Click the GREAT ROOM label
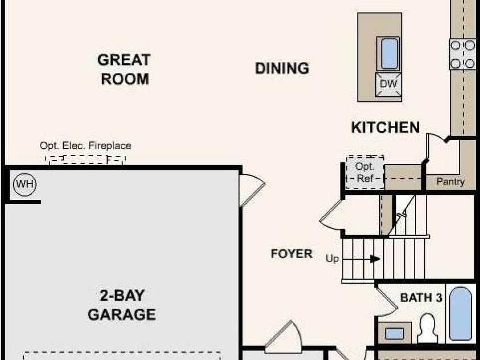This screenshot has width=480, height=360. point(124,69)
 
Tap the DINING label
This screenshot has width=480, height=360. point(282,68)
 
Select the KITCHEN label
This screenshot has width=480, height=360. point(385,128)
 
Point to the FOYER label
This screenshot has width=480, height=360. point(292,253)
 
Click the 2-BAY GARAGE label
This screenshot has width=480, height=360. point(122,305)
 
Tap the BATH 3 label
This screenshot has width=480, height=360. point(421,297)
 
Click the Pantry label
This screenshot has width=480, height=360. point(450,182)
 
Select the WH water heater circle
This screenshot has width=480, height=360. point(25,185)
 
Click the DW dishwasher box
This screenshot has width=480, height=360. point(388,84)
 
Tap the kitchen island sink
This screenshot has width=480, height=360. point(388,54)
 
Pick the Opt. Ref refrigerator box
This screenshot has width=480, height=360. point(365,173)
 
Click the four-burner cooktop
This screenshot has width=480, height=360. point(462,54)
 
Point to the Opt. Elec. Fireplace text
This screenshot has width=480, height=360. point(85,145)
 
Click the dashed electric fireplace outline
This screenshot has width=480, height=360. point(85,159)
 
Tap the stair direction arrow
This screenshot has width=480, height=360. point(375,259)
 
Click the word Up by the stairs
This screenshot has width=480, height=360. point(333,259)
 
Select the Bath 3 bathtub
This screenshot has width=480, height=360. point(461,313)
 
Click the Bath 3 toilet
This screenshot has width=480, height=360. point(428,328)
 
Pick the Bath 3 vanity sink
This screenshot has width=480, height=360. point(394,333)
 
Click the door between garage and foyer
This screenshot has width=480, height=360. point(252,190)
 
